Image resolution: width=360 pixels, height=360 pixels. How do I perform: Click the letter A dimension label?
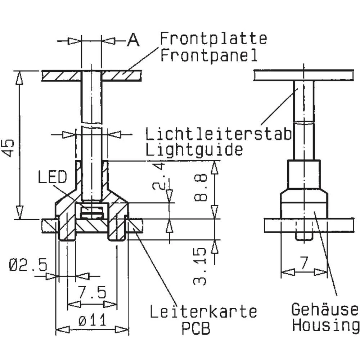pos(133,41)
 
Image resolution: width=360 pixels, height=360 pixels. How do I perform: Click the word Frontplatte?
pos(213,38)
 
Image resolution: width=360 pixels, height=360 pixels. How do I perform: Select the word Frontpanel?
pos(209,55)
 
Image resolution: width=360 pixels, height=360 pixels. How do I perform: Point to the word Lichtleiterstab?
pos(218,134)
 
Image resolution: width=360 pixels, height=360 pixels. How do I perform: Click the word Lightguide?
pos(194,149)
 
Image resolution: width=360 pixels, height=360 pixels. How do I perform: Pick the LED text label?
pos(52,177)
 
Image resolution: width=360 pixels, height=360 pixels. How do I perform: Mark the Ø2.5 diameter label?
pos(28,266)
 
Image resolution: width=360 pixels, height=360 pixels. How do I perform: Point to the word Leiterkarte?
pos(203,312)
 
